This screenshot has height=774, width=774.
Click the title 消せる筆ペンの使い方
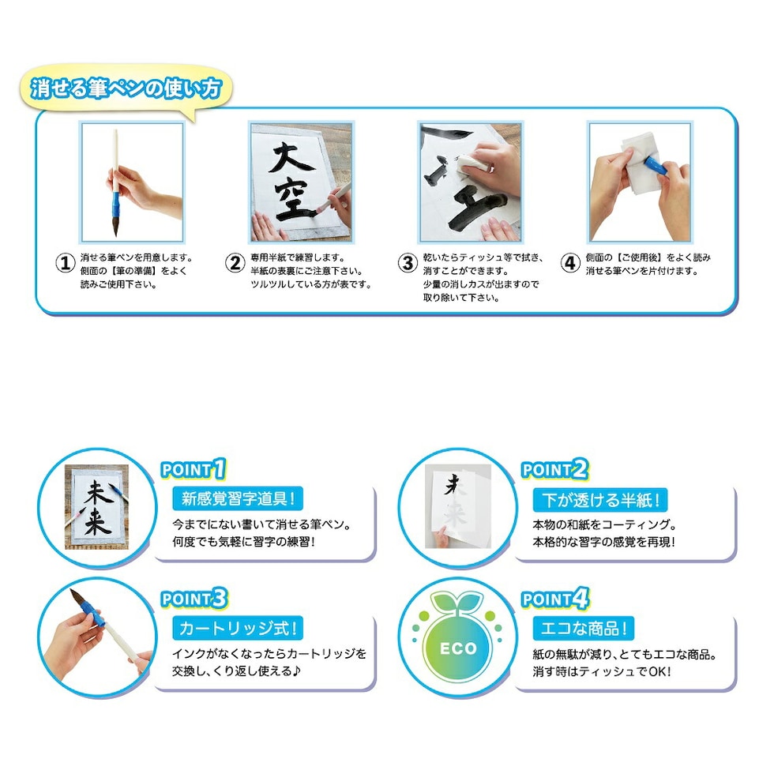tap(126, 88)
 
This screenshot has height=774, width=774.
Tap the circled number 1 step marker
tap(65, 263)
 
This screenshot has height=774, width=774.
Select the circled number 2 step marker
tap(235, 263)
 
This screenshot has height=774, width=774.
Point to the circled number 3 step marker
tap(408, 263)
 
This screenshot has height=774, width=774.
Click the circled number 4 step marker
tap(570, 263)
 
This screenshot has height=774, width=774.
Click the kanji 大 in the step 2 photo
tap(292, 158)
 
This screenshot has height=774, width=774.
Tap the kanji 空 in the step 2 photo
tap(294, 200)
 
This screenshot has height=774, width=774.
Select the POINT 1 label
tap(193, 469)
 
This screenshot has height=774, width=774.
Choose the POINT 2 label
tap(554, 469)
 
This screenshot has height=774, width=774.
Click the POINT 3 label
tap(194, 599)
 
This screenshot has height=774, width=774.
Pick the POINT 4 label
tap(555, 599)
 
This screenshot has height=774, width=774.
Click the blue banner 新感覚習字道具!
tap(238, 498)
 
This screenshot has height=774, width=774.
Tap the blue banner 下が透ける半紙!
tap(600, 499)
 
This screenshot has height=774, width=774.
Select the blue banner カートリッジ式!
tap(238, 629)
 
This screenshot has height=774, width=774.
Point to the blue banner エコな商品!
tap(584, 629)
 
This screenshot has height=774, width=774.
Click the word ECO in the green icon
tap(458, 648)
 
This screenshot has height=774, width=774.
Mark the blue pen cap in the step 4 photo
tap(656, 164)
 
